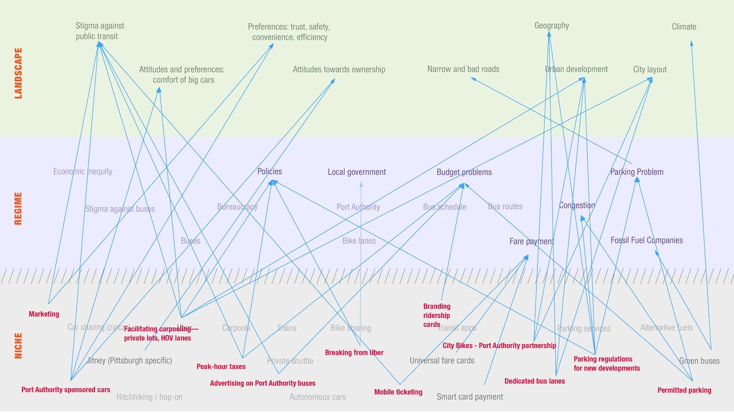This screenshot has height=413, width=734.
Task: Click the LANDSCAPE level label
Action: [x=18, y=73]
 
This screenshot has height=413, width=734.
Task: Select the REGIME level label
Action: [x=18, y=208]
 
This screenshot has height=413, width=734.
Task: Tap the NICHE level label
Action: [x=18, y=346]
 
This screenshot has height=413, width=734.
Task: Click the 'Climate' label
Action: [x=684, y=27]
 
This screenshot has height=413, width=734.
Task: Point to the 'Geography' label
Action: [x=551, y=26]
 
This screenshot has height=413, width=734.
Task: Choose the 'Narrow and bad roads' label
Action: [x=463, y=69]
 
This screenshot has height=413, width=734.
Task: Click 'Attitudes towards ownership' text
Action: [x=339, y=69]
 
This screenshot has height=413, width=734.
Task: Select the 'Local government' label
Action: [x=356, y=172]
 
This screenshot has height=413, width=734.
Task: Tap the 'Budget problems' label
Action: [x=464, y=172]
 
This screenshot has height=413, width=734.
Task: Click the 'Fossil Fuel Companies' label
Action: [x=646, y=240]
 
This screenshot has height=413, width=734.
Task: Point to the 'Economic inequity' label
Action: [x=83, y=172]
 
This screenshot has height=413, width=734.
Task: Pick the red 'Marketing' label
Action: [x=44, y=314]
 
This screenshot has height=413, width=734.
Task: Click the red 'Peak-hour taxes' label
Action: [x=221, y=366]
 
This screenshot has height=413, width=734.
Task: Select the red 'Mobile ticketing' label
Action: [x=398, y=392]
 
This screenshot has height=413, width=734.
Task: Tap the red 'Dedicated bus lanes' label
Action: [x=534, y=381]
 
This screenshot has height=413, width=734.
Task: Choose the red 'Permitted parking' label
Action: [x=684, y=390]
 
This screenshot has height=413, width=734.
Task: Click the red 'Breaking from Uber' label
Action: [x=354, y=352]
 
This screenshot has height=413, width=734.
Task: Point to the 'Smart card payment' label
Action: [x=470, y=396]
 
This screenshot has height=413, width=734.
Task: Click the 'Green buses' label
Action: [x=699, y=361]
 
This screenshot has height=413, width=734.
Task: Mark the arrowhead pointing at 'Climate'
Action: [x=691, y=43]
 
